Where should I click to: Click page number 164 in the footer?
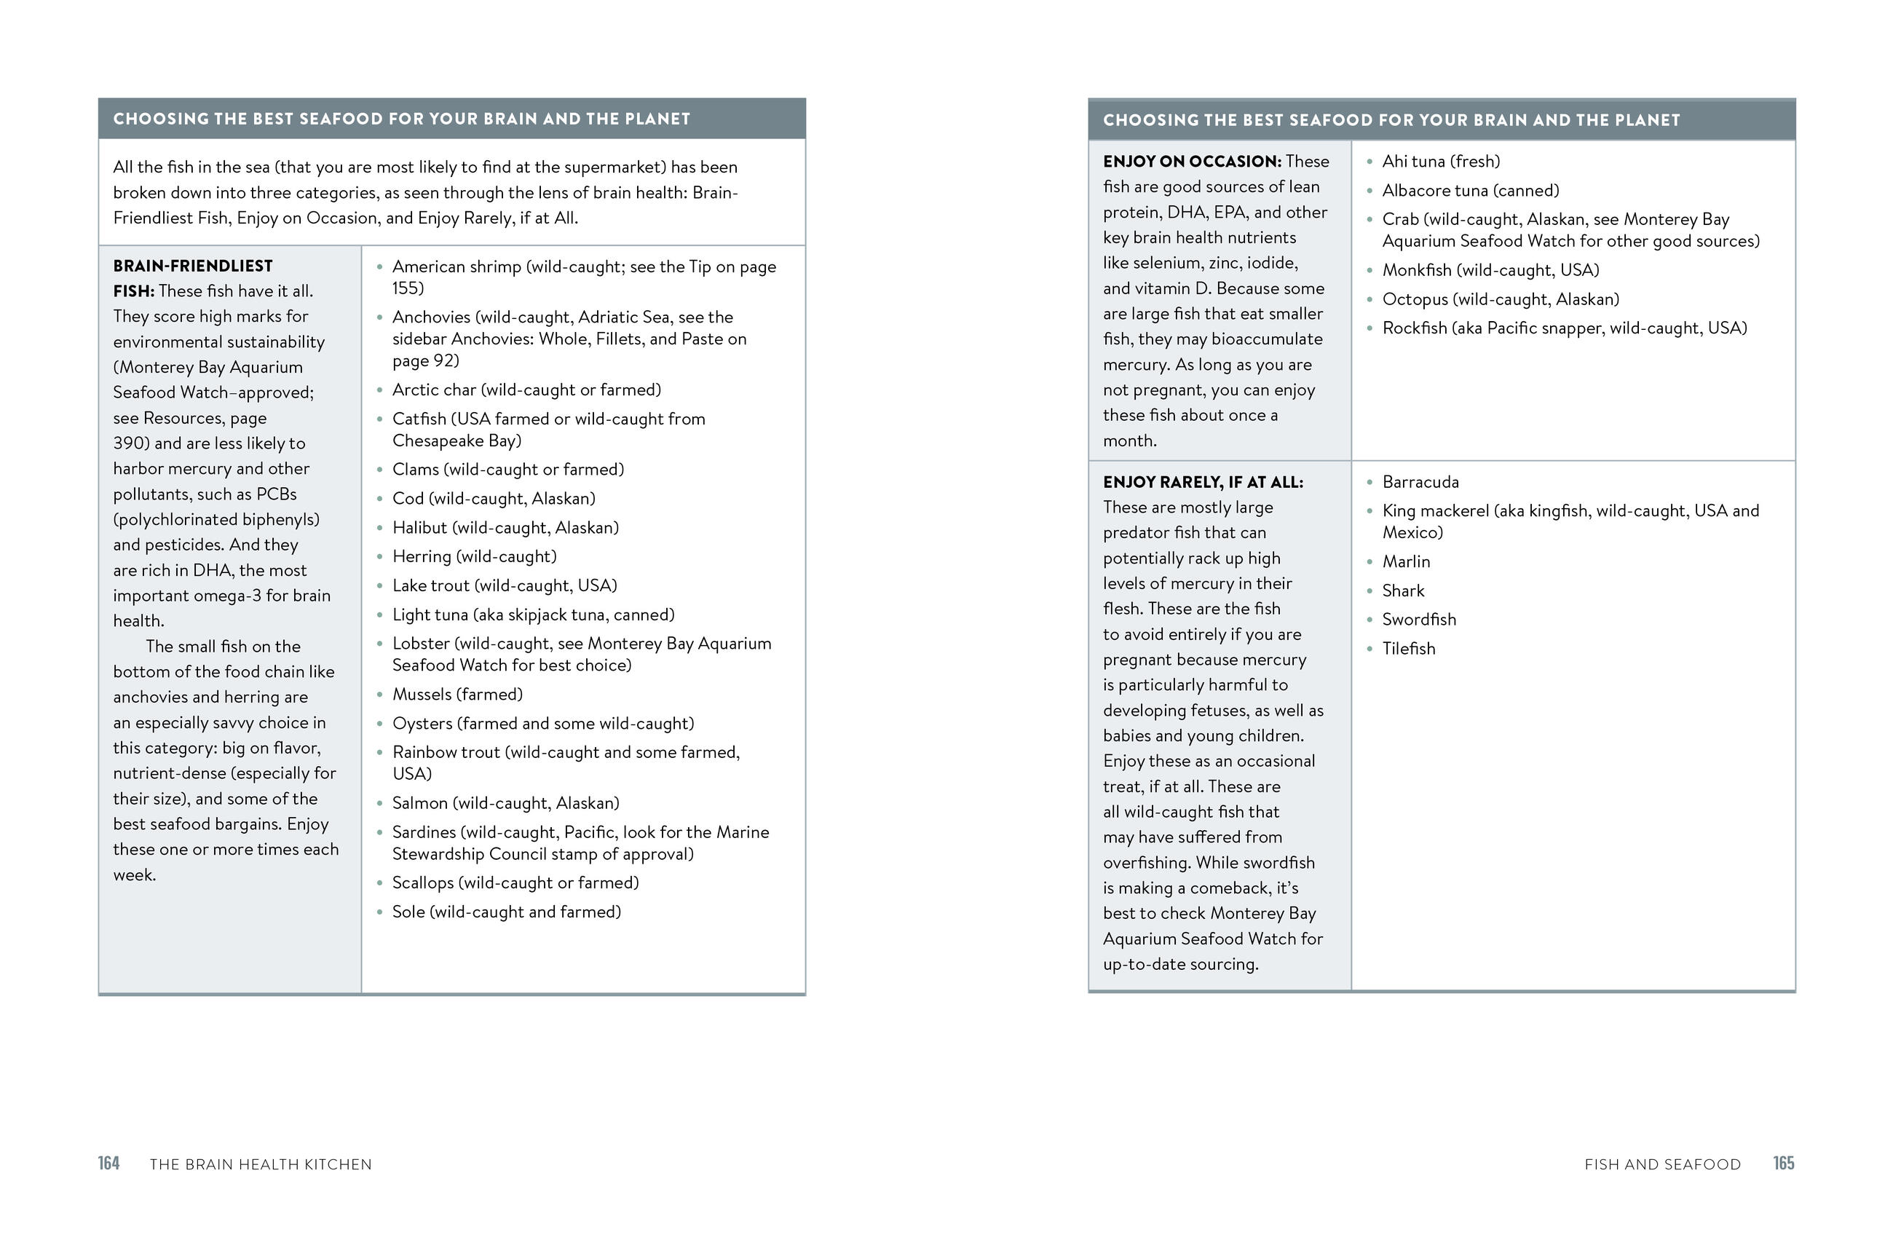[x=109, y=1163]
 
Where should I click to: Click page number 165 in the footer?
[x=1783, y=1163]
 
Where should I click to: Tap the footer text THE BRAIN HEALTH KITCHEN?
[x=260, y=1164]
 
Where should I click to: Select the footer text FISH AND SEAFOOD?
[x=1662, y=1164]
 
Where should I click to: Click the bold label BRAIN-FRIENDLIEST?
[x=192, y=266]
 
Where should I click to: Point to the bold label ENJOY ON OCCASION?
[x=1191, y=162]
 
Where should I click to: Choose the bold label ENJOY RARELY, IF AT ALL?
[x=1203, y=482]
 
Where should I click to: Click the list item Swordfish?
[x=1419, y=620]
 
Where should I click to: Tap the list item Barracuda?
[x=1420, y=482]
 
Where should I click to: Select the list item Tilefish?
[x=1409, y=648]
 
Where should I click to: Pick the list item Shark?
[x=1403, y=591]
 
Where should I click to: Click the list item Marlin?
[x=1406, y=561]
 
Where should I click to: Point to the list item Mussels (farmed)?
[x=457, y=695]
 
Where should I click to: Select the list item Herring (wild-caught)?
[x=474, y=557]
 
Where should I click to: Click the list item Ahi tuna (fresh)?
[x=1441, y=162]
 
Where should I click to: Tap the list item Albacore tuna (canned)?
[x=1471, y=191]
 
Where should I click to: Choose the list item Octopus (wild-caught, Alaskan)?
[x=1501, y=299]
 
